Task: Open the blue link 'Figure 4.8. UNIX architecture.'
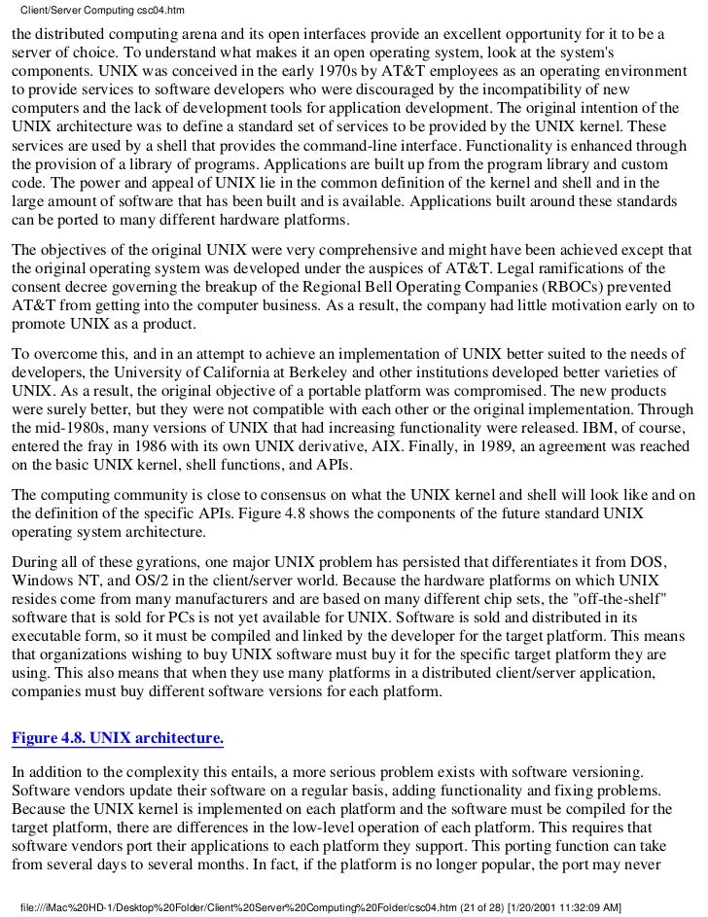tap(117, 739)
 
